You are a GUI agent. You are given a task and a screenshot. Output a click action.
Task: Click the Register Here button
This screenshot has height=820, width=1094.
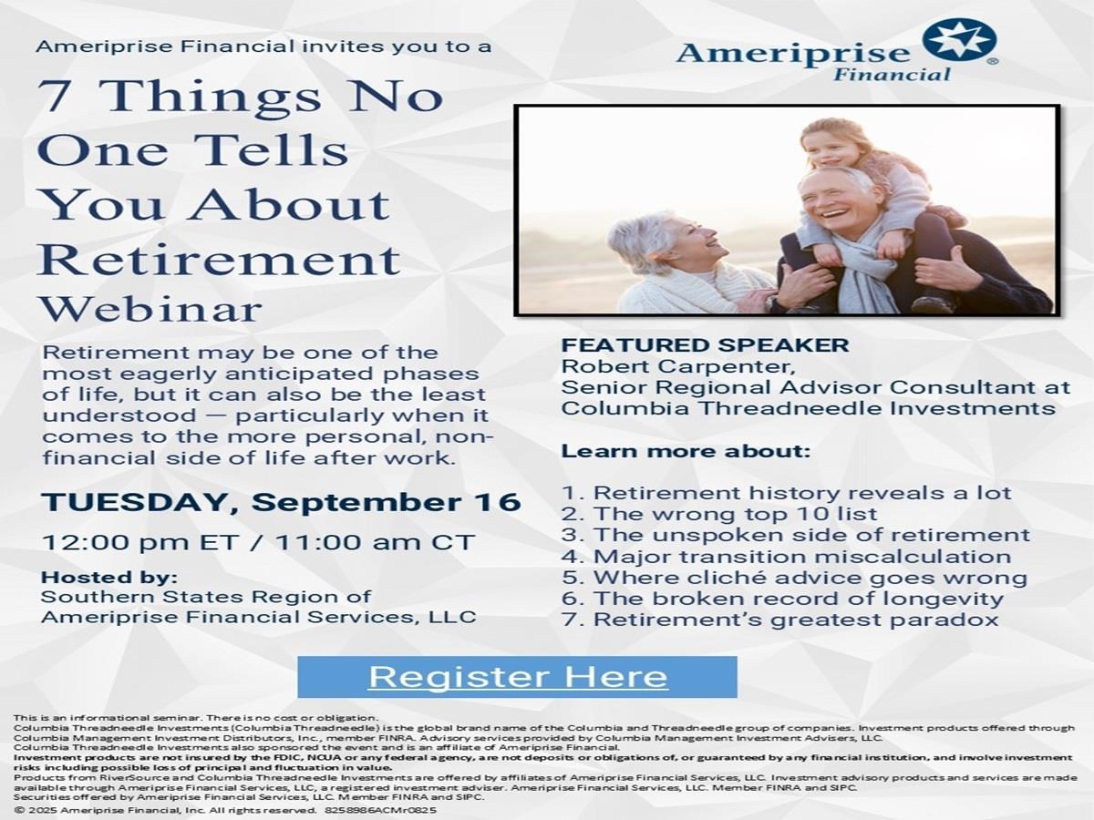tap(517, 677)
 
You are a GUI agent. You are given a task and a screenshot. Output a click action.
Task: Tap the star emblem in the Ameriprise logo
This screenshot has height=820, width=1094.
tap(959, 40)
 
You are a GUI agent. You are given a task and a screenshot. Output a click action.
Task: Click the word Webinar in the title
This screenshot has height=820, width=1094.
tap(151, 309)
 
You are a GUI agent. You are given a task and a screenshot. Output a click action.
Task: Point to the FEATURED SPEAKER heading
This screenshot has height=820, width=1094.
tap(706, 345)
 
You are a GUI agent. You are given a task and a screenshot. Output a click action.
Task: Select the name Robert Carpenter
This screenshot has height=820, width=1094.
tap(677, 366)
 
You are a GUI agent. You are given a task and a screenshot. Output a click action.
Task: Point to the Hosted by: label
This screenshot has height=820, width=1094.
tap(109, 578)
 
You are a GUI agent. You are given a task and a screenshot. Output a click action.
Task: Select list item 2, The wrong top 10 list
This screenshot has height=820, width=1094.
tap(719, 514)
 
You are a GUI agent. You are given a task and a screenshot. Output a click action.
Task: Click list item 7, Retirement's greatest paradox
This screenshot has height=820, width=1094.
tap(780, 620)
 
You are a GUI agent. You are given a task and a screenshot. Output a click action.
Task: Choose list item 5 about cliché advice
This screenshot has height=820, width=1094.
tap(794, 578)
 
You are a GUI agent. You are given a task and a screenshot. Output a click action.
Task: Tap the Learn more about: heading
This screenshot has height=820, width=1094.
tap(686, 452)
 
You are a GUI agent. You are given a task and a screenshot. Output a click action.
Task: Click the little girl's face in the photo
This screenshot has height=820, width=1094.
tap(830, 148)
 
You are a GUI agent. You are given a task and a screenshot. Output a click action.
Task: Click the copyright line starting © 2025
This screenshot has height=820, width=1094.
tap(225, 810)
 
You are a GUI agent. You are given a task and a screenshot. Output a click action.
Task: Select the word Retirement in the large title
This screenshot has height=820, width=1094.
tap(220, 259)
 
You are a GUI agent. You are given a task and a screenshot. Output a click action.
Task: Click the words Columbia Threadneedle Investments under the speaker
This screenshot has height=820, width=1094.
tap(809, 408)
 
